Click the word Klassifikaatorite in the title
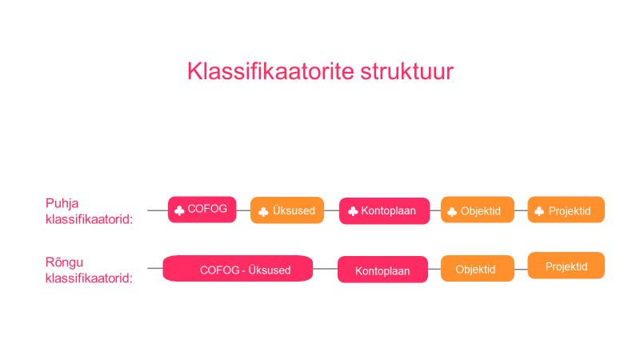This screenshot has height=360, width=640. point(260,72)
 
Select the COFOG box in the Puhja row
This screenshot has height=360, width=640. point(202,209)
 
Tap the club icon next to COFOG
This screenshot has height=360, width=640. point(179,210)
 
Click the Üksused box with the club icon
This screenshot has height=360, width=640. point(287,210)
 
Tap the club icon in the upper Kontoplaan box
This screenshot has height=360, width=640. point(353,211)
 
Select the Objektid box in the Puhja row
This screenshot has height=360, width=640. point(478,210)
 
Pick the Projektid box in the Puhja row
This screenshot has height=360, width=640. point(566,210)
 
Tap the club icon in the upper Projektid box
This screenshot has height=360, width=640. point(540,210)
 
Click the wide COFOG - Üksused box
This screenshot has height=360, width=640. point(238,270)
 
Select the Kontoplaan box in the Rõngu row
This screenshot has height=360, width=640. point(382,270)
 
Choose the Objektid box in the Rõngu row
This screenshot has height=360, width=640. point(476,269)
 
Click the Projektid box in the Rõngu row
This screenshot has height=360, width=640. point(566,266)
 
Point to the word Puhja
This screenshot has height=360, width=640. point(62,203)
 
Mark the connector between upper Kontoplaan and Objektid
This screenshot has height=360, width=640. point(435,211)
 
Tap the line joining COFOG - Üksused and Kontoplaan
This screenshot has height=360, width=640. point(325,270)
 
